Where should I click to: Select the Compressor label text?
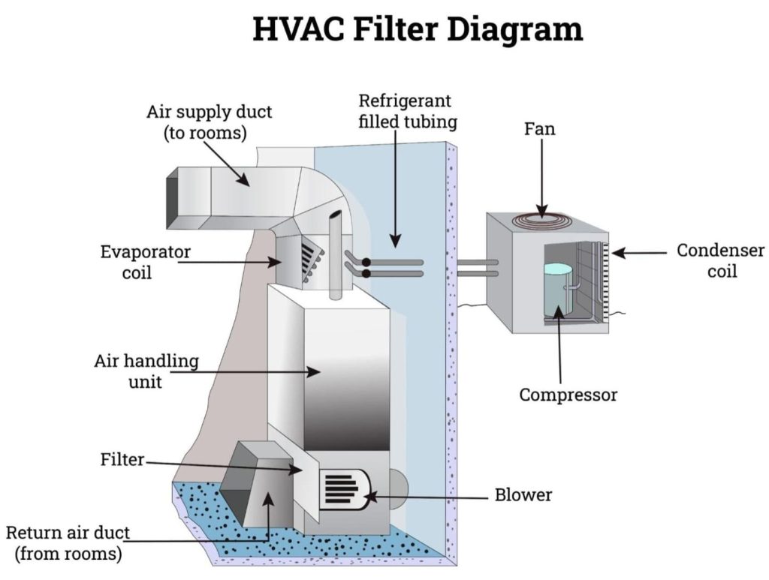568,395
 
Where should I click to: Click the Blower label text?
523,495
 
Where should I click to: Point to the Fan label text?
539,129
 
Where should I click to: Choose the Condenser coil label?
720,260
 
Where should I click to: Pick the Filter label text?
122,459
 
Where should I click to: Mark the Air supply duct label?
209,122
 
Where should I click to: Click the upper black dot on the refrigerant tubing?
366,263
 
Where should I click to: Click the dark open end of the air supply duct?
172,194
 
